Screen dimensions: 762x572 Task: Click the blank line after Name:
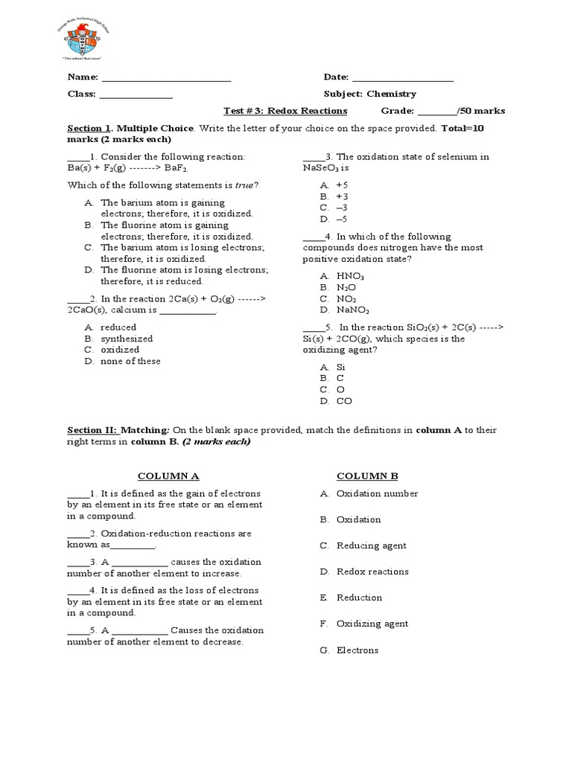(166, 78)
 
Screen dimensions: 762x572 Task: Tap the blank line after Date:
(402, 78)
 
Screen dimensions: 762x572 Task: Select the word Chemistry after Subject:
(391, 95)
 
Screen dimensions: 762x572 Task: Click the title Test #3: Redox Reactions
(285, 111)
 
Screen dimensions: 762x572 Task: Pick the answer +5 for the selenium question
(342, 185)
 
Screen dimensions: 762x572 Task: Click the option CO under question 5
(344, 401)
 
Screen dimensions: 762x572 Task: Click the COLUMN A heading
(169, 476)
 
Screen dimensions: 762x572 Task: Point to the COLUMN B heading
(367, 476)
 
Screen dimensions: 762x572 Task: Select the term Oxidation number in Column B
(377, 493)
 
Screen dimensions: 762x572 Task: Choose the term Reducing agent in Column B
(371, 545)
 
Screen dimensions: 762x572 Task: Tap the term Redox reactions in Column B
(372, 571)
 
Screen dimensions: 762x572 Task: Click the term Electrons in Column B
(357, 650)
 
